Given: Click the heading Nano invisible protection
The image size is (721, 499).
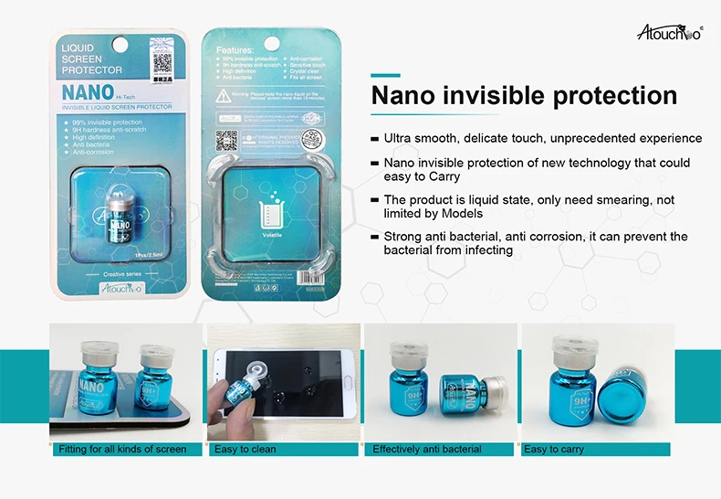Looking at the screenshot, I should pos(524,96).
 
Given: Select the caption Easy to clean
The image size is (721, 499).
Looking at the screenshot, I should pos(246,450).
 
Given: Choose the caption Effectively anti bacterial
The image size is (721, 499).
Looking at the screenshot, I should pos(426,450).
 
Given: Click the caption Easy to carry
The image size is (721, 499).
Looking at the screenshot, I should pos(554,450).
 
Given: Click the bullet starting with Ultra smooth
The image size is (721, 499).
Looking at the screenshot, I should pos(542,138).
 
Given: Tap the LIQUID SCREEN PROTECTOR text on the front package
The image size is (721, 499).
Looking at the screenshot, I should pos(90,58).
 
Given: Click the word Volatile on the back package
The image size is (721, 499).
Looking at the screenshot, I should pos(272,232).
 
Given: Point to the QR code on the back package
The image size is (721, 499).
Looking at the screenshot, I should pos(227,140).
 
